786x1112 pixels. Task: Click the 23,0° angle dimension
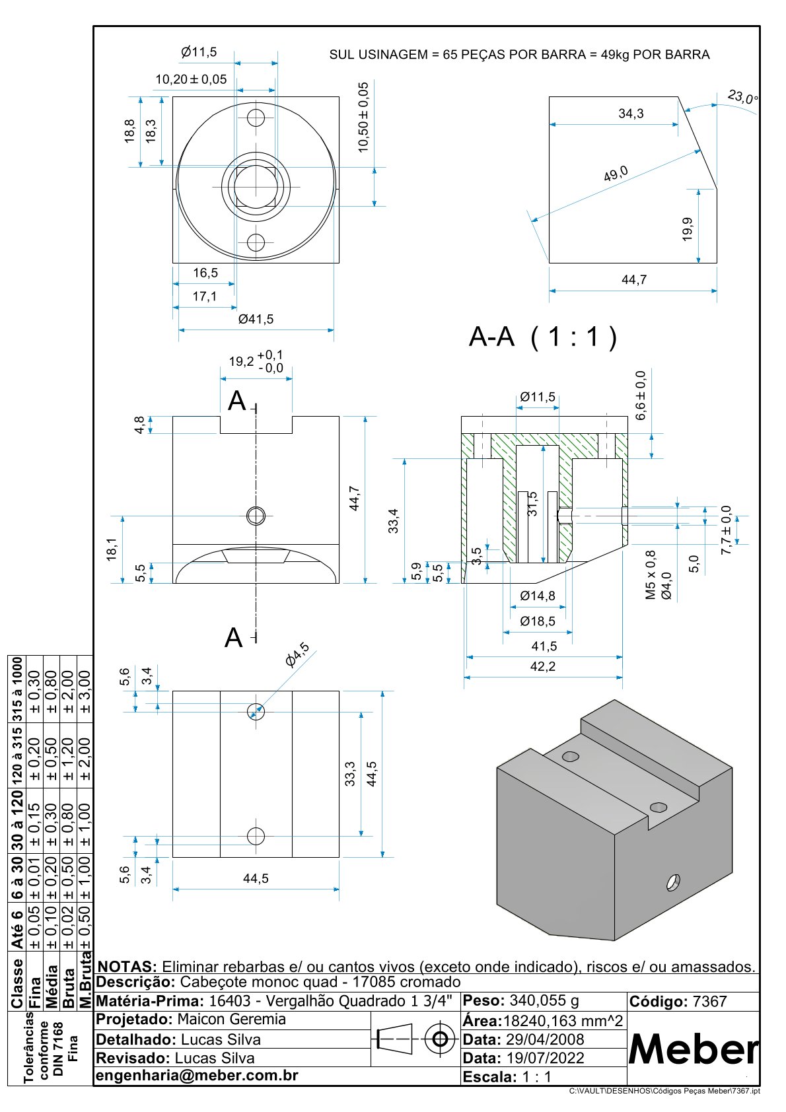coord(743,98)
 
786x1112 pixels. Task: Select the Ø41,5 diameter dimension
coord(256,320)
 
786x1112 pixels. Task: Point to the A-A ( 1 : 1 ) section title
coord(542,337)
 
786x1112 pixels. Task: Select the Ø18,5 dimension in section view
coord(537,621)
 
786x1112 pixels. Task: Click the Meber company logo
coord(693,1049)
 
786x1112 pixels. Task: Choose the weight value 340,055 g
coord(544,1000)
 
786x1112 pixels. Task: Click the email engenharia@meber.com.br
coord(197,1075)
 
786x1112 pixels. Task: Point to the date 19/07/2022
coord(545,1058)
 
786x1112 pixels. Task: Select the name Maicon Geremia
coord(231,1019)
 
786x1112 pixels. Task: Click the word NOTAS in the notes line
coord(127,967)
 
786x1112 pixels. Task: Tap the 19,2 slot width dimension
coord(241,361)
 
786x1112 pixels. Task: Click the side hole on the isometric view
coord(673,882)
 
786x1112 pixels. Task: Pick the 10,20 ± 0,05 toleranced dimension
coord(191,80)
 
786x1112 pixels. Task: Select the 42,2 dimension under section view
coord(542,667)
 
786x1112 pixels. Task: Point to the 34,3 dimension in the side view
coord(631,114)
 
